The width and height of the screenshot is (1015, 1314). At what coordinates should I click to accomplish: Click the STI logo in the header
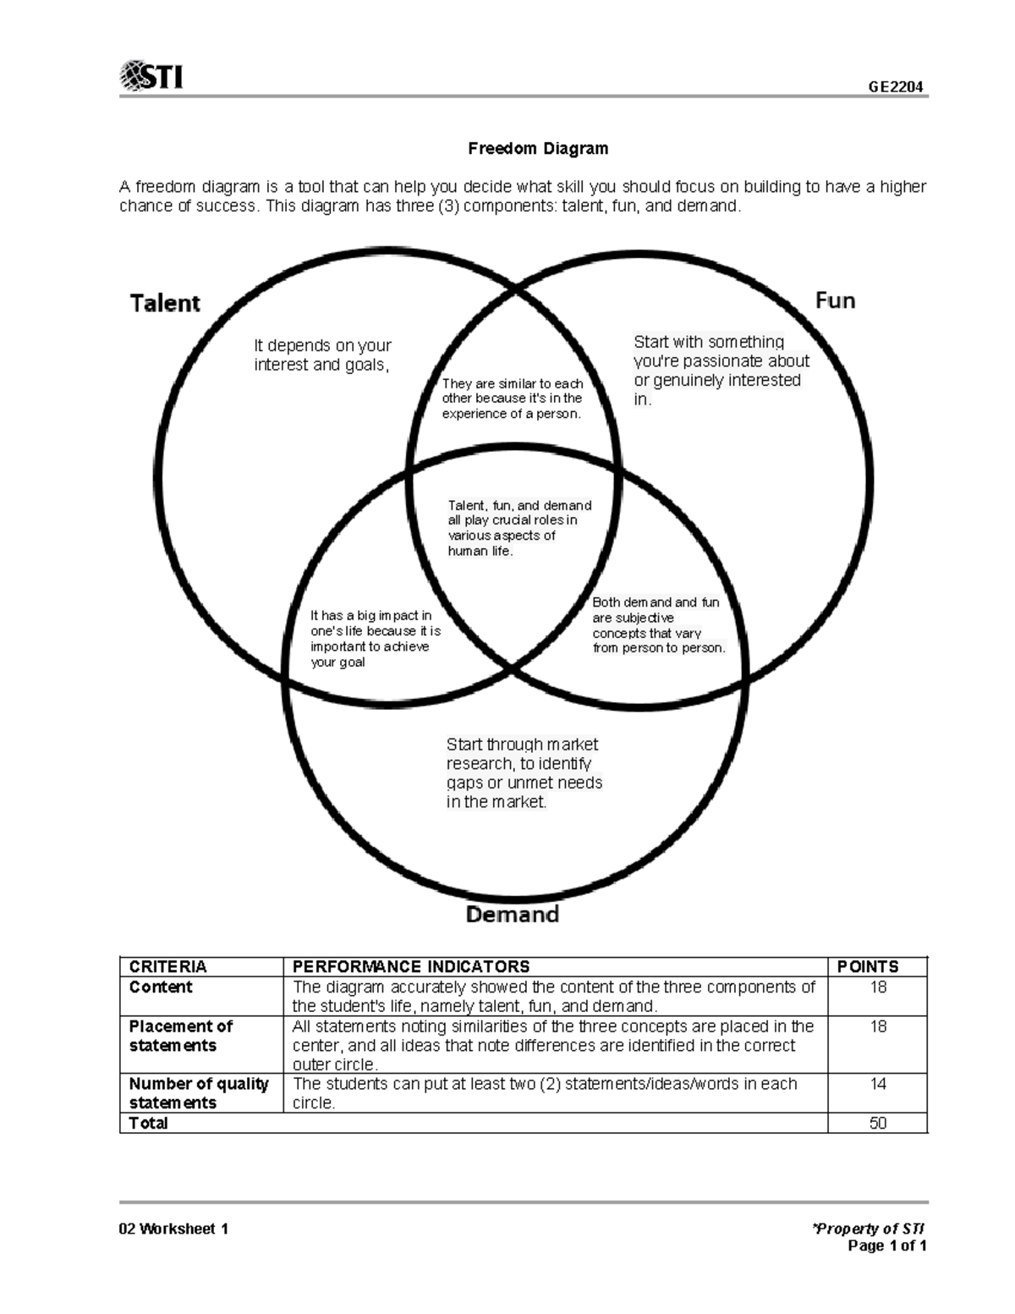tap(152, 76)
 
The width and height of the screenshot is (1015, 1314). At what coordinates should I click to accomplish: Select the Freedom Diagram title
tap(538, 149)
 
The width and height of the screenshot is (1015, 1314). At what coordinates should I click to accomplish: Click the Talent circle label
tap(165, 303)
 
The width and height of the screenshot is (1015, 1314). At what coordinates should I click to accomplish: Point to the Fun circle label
tap(835, 300)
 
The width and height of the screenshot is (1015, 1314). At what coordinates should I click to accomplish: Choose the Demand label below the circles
tap(513, 915)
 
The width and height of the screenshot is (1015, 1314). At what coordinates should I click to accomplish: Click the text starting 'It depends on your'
tap(322, 355)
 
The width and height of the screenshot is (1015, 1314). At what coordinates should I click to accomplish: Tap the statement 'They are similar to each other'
tap(513, 399)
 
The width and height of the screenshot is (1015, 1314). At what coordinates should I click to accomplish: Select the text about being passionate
tap(721, 371)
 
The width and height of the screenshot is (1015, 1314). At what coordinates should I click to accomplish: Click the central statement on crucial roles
tap(518, 528)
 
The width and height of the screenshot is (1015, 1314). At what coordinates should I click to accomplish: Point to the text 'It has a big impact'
tap(375, 639)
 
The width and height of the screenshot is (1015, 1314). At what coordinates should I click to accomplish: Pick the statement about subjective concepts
tap(658, 625)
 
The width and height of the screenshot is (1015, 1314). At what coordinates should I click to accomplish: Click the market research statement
tap(524, 773)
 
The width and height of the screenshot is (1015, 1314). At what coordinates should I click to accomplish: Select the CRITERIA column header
tap(167, 966)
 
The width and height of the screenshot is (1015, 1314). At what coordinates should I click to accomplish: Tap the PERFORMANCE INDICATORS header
tap(411, 966)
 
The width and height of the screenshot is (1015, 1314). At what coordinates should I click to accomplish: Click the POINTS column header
tap(868, 966)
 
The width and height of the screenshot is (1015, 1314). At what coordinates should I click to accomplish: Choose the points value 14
tap(878, 1084)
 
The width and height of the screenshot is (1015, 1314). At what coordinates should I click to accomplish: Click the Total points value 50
tap(878, 1123)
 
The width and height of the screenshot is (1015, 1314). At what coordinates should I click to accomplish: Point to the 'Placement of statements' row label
tap(180, 1036)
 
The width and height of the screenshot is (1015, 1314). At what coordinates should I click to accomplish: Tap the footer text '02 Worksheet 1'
tap(174, 1229)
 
